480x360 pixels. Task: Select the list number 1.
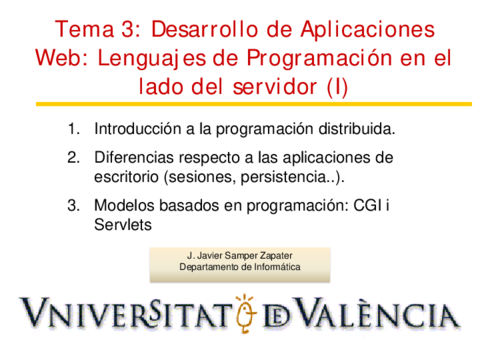(72, 129)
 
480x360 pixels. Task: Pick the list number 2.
(72, 158)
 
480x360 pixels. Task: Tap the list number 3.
(72, 207)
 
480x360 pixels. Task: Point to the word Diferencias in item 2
(133, 158)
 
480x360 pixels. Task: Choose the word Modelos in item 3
(123, 207)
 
